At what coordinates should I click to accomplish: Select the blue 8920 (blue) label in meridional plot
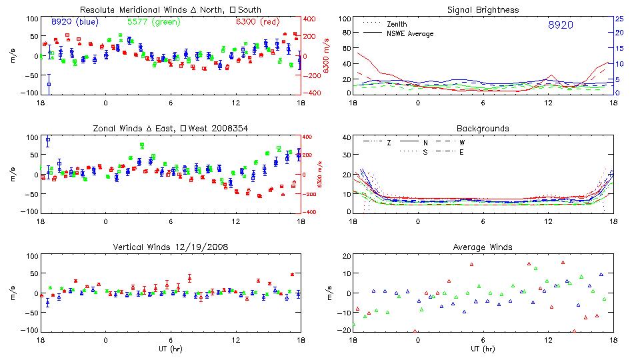click(74, 22)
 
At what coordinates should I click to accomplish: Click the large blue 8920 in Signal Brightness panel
click(560, 25)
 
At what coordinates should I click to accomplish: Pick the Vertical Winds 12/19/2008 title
click(171, 247)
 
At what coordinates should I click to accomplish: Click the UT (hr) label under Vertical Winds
click(171, 349)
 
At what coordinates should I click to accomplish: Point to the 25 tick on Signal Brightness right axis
click(619, 19)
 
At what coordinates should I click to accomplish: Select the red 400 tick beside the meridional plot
click(310, 19)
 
